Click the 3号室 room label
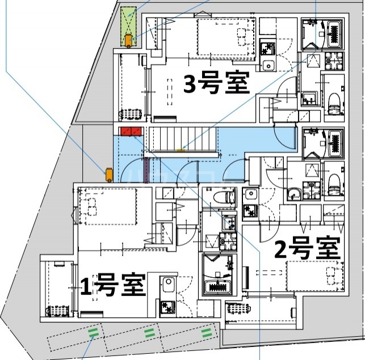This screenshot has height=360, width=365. coord(216,84)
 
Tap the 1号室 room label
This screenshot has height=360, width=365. coord(114,284)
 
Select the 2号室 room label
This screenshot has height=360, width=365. coord(307,248)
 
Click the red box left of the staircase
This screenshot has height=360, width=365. coord(131,132)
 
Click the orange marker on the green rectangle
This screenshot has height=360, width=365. coord(129,40)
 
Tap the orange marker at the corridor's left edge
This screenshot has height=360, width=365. coord(108,174)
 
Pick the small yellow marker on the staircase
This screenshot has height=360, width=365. coord(181,150)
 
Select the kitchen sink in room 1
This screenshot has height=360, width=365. coord(168,284)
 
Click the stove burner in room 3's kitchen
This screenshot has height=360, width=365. coord(267,48)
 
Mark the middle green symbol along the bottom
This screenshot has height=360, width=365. coord(150,331)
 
